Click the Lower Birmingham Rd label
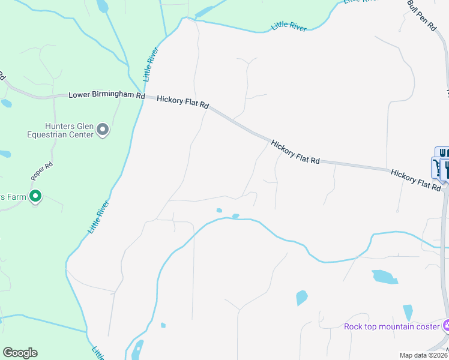tap(107, 95)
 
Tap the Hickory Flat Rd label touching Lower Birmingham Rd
tap(182, 101)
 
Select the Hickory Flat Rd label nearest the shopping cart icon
tap(415, 179)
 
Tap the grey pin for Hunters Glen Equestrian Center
tap(103, 130)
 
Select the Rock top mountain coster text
tap(392, 326)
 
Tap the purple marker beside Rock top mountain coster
tap(446, 326)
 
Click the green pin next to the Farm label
tap(35, 196)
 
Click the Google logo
tap(20, 353)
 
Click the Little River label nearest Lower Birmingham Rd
tap(149, 67)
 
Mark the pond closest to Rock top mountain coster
tap(408, 313)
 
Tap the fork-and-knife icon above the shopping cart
tap(442, 154)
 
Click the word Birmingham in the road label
tap(112, 95)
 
